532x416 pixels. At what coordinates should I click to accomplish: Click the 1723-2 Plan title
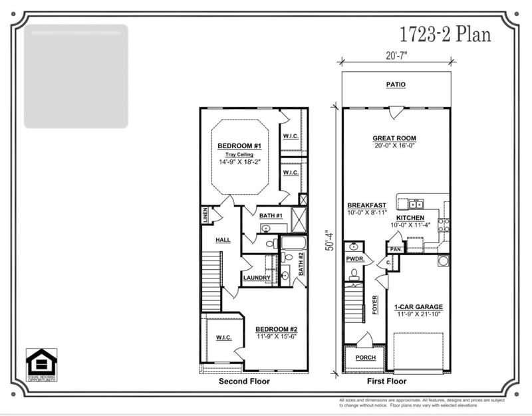(x=445, y=34)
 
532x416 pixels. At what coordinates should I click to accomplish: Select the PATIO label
(x=396, y=85)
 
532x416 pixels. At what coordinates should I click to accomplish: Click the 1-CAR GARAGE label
(x=418, y=307)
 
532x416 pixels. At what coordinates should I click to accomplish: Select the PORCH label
(x=365, y=358)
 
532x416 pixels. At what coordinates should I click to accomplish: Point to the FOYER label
(x=374, y=304)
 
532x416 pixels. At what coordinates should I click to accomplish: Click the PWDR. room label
(x=352, y=259)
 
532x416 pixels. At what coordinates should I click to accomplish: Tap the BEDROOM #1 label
(x=239, y=146)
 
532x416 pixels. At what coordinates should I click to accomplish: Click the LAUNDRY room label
(x=257, y=278)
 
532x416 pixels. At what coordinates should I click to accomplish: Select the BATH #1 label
(x=271, y=216)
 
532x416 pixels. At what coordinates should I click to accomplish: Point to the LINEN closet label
(x=205, y=215)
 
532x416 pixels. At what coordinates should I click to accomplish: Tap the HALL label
(x=223, y=240)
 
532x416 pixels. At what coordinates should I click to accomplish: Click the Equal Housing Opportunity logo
(x=41, y=365)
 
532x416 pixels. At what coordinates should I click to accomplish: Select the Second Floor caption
(x=245, y=382)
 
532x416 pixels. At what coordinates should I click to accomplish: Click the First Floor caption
(x=386, y=382)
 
